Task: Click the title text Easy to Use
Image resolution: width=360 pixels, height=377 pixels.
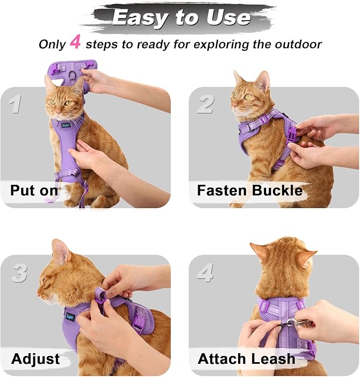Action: point(181,17)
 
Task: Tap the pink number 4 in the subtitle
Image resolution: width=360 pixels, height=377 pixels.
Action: point(75,43)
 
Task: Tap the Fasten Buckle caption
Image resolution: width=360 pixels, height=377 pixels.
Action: point(249,191)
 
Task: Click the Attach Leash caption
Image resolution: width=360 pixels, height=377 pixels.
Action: point(246,359)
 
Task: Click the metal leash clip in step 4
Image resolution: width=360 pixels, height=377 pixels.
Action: point(292,322)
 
